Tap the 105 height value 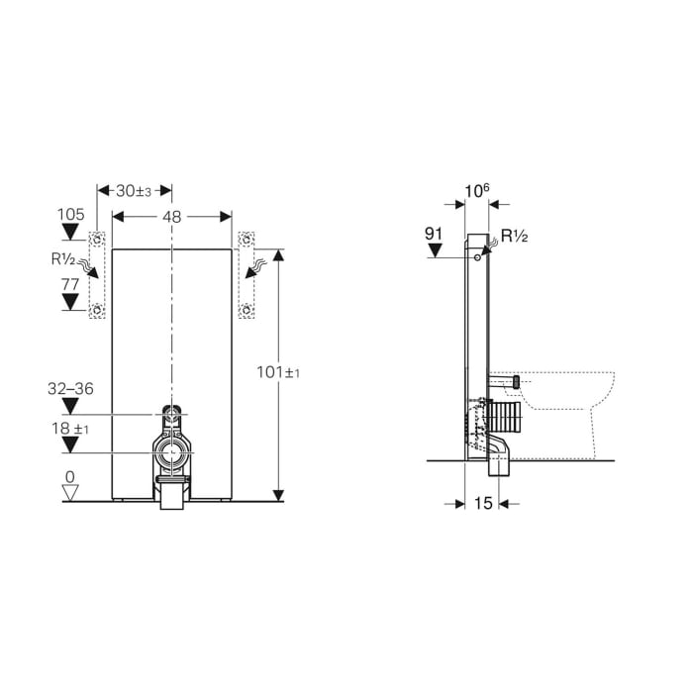pos(70,214)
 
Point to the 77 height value pos(70,283)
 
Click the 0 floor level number pos(70,476)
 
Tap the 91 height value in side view pos(433,235)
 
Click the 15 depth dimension pos(482,504)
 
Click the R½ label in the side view pos(514,236)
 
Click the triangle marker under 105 pos(70,233)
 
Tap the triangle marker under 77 pos(70,302)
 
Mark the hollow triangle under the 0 pos(70,492)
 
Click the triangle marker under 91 pos(433,250)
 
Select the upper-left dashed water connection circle pos(97,239)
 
